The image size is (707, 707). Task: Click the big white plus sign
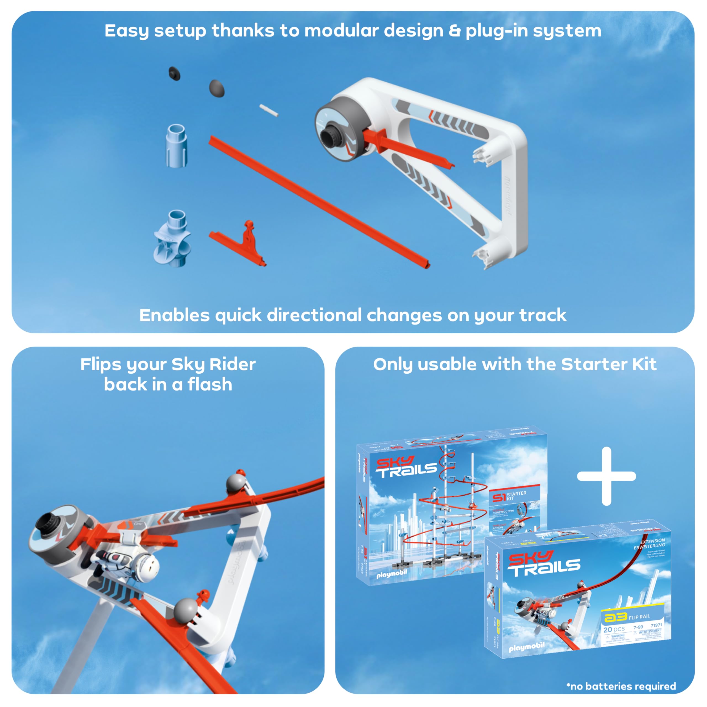click(606, 476)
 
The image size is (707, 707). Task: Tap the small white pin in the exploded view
click(269, 110)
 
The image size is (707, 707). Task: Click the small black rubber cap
click(175, 73)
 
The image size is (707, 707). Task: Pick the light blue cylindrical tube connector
click(177, 145)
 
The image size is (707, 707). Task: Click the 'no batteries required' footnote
click(621, 686)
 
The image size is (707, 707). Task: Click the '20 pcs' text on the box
click(614, 629)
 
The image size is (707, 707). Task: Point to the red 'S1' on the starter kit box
click(499, 497)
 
